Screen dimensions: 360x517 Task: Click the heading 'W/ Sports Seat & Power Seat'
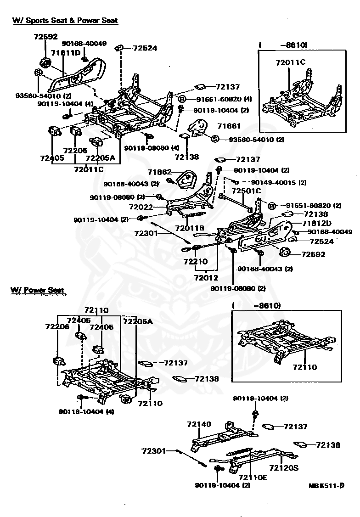pos(65,20)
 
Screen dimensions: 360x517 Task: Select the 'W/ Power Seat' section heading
pos(37,290)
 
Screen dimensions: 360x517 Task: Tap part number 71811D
pos(66,53)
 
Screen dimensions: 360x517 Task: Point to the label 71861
pos(229,126)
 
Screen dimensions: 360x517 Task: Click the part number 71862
pos(159,172)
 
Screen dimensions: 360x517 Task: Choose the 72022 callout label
pos(141,207)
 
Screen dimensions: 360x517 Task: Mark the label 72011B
pos(190,228)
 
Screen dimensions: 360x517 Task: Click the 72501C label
pos(246,191)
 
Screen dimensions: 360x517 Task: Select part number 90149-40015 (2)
pos(279,182)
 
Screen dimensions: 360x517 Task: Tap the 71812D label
pos(317,223)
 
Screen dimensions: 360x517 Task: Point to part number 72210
pos(196,261)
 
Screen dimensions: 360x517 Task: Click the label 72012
pos(206,278)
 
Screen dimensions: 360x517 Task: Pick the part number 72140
pos(199,424)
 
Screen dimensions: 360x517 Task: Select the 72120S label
pos(284,467)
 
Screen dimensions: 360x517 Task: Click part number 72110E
pos(253,477)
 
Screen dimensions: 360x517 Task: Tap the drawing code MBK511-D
pos(326,485)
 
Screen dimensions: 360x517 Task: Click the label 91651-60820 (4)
pos(224,99)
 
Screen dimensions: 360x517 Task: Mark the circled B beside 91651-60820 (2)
pos(271,206)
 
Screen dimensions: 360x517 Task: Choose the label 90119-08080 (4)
pos(152,148)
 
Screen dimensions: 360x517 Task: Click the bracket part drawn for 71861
pos(198,128)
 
